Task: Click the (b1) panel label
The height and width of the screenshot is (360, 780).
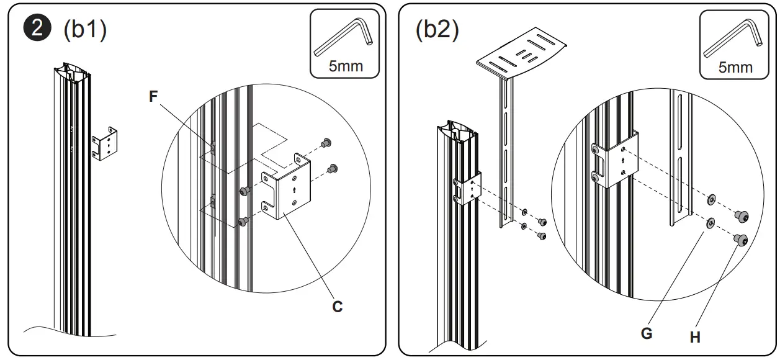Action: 85,30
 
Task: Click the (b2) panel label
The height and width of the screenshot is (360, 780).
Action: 437,30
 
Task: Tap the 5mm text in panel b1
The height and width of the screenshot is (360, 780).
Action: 346,66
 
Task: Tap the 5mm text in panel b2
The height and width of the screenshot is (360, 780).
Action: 735,66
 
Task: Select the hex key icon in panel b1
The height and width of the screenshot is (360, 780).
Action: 343,38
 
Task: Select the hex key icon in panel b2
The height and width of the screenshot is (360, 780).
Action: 732,38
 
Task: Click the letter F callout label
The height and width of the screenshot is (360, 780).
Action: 154,96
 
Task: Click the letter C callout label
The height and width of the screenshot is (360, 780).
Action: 337,307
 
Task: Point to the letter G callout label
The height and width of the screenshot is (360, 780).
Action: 647,333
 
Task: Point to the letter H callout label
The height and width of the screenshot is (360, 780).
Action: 695,337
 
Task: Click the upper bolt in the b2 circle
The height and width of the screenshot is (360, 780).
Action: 742,216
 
